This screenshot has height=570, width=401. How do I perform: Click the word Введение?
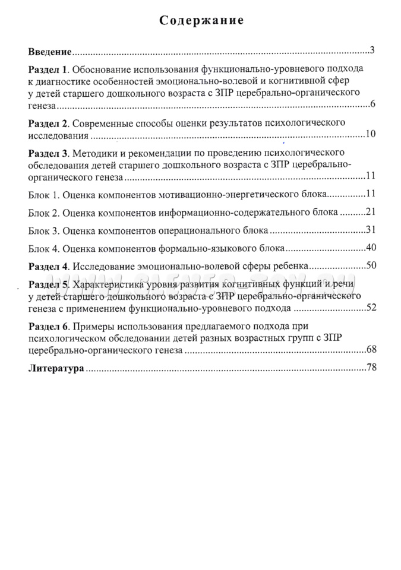pos(50,52)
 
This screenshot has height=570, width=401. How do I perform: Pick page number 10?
pos(370,134)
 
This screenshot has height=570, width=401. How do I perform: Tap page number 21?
pos(370,212)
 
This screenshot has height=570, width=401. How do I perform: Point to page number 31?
pos(370,230)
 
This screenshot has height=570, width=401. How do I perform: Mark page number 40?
pos(370,248)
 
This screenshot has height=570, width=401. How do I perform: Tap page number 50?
pos(370,265)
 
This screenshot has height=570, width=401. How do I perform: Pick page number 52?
pos(370,308)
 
